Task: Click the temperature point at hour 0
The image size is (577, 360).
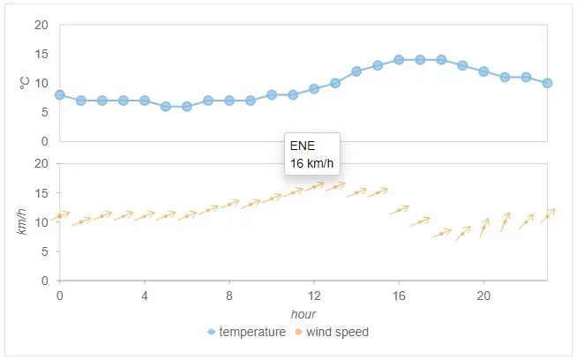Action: pos(60,94)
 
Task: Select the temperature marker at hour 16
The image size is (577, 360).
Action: pos(399,59)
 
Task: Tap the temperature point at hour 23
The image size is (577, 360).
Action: pos(547,83)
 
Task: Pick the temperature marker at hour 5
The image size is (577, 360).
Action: pos(166,106)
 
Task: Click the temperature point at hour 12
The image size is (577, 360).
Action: pos(314,88)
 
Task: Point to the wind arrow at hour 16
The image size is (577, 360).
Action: pos(399,210)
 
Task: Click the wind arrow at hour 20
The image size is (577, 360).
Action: pos(483,228)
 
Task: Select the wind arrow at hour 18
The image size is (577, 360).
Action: pos(441,234)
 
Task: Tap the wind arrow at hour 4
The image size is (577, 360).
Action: pos(145,215)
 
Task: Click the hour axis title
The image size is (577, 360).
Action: pos(303,314)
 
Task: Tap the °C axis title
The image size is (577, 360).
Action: pos(25,83)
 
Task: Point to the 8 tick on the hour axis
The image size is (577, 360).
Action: pos(229,294)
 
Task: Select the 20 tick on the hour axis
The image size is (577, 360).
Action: pos(483,294)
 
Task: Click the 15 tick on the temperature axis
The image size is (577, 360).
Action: pos(41,54)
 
